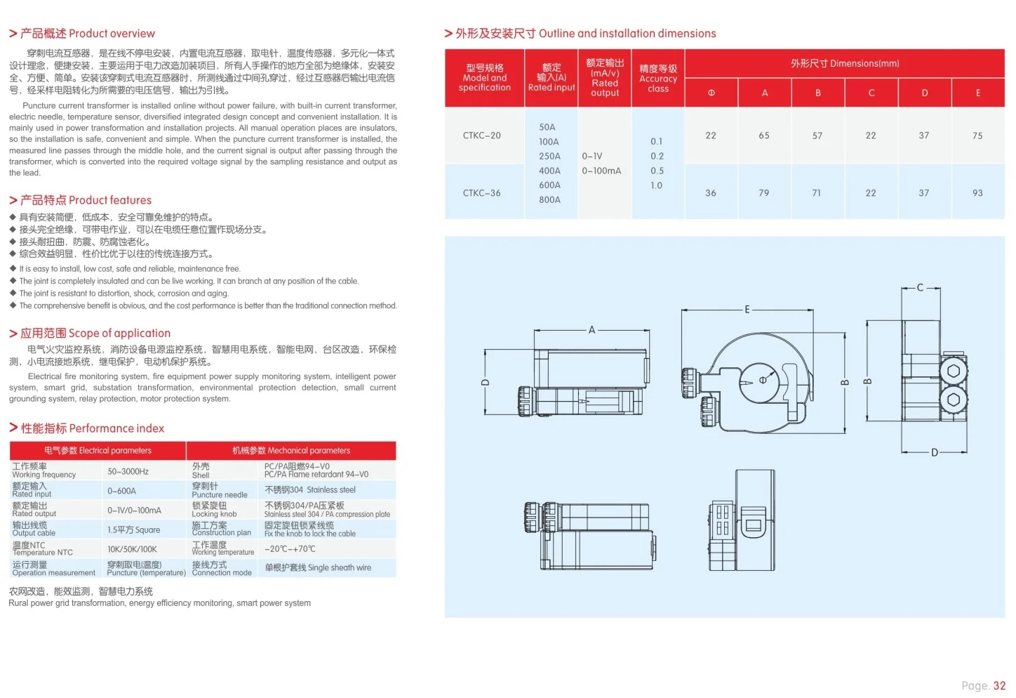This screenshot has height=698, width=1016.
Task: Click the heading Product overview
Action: tap(81, 34)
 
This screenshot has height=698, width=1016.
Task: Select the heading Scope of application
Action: tap(90, 334)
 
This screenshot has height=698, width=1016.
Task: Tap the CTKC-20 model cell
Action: tap(481, 136)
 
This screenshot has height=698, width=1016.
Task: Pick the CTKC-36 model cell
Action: tap(481, 193)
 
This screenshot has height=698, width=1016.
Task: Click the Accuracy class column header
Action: tap(657, 79)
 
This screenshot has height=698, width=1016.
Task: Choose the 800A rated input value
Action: tap(549, 200)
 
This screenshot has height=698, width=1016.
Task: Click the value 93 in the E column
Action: tap(977, 193)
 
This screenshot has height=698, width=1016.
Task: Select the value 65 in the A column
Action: tap(763, 136)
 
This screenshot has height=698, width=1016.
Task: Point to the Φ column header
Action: tap(711, 93)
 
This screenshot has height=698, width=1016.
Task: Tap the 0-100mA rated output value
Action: tap(601, 171)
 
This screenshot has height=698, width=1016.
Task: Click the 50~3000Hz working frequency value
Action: tap(128, 472)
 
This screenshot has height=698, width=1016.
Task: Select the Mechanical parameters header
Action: tap(290, 451)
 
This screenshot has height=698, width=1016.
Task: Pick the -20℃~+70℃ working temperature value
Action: tap(290, 549)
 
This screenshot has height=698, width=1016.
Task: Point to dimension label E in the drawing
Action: tap(747, 310)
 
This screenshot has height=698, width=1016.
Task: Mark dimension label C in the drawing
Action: tap(920, 288)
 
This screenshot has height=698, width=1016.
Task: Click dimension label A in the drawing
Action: tap(591, 330)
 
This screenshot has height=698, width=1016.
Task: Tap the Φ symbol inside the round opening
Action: tap(763, 381)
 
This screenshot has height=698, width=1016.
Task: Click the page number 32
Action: tap(999, 686)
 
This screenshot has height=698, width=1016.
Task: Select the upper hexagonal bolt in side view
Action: tap(953, 371)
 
